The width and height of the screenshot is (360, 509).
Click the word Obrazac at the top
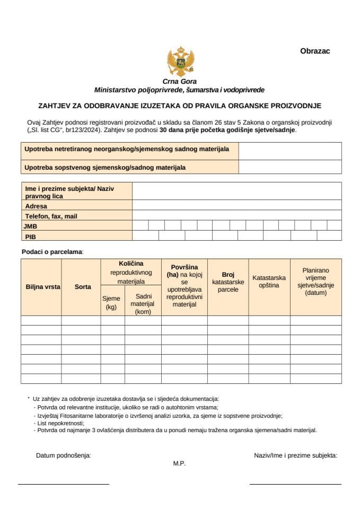[x=315, y=51]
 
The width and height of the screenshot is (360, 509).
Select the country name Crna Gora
[x=180, y=82]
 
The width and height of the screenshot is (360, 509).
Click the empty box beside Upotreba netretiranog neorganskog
[x=289, y=151]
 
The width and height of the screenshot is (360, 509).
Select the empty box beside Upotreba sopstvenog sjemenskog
[x=289, y=168]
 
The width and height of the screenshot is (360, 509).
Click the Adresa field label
[x=36, y=206]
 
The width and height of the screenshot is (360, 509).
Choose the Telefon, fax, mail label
[x=51, y=216]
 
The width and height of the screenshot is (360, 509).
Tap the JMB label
[x=31, y=226]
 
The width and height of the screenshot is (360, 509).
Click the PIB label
[x=30, y=236]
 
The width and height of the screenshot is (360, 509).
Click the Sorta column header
[x=83, y=287]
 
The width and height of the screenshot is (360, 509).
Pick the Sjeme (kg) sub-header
[x=111, y=303]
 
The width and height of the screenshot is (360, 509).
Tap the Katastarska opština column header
[x=269, y=282]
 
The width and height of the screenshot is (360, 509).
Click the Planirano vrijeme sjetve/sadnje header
[x=316, y=282]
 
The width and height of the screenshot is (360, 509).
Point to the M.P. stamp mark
[x=179, y=463]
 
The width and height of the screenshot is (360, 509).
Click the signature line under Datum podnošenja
[x=63, y=484]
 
